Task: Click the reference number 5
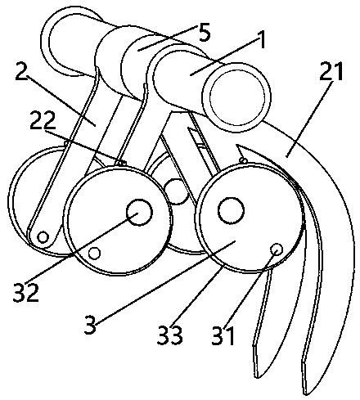[x=205, y=33]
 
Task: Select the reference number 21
[x=331, y=70]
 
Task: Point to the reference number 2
[x=21, y=71]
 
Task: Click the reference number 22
[x=43, y=120]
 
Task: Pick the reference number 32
[x=26, y=292]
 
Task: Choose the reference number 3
[x=90, y=325]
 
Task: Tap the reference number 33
[x=169, y=335]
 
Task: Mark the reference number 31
[x=223, y=336]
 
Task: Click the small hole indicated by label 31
[x=277, y=249]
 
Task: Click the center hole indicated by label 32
[x=140, y=213]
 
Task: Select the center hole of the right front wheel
[x=231, y=210]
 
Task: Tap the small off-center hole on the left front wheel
[x=94, y=253]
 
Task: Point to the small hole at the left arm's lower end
[x=43, y=236]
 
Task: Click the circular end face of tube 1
[x=236, y=97]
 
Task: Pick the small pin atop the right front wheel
[x=243, y=160]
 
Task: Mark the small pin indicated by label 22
[x=120, y=164]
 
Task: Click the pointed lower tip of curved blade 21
[x=306, y=395]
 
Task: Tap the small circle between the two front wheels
[x=176, y=191]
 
